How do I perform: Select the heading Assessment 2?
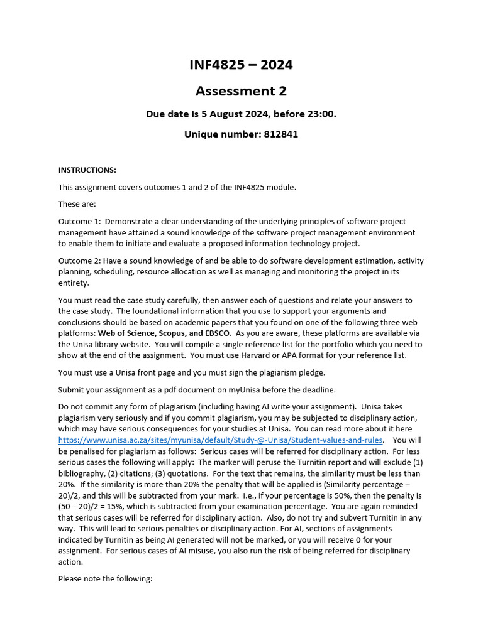coord(241,91)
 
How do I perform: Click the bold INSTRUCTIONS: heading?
coord(87,170)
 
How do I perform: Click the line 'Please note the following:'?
coord(105,579)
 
